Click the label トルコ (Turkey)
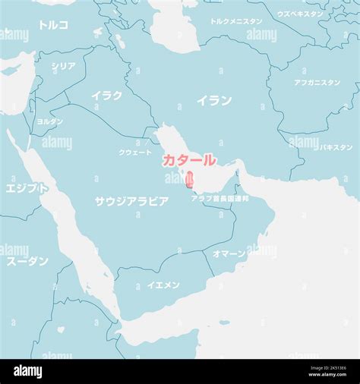pyautogui.click(x=53, y=25)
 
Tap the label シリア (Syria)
pyautogui.click(x=63, y=67)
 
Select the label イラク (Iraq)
pyautogui.click(x=106, y=96)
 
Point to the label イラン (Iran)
pyautogui.click(x=214, y=100)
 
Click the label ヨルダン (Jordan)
pyautogui.click(x=50, y=121)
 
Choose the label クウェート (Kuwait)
pyautogui.click(x=135, y=153)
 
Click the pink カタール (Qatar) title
pyautogui.click(x=189, y=161)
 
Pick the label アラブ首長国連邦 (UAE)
pyautogui.click(x=219, y=199)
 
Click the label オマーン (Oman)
pyautogui.click(x=229, y=253)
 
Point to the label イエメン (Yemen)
pyautogui.click(x=163, y=285)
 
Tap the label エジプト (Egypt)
pyautogui.click(x=27, y=187)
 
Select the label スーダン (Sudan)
pyautogui.click(x=27, y=261)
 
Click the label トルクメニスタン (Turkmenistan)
pyautogui.click(x=236, y=22)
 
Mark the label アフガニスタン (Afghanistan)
pyautogui.click(x=317, y=83)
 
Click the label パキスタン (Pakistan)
pyautogui.click(x=336, y=147)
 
